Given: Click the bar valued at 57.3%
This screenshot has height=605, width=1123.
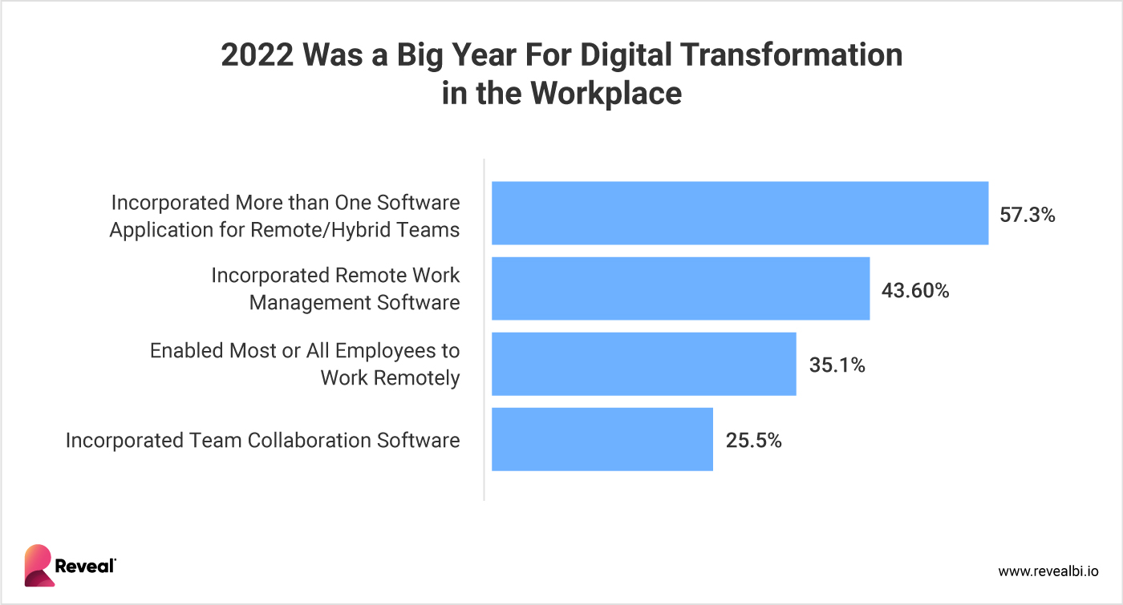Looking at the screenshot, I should [740, 213].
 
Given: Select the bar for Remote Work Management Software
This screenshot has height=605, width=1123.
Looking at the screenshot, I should [680, 288].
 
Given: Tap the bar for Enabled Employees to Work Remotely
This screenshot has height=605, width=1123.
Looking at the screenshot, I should [643, 364].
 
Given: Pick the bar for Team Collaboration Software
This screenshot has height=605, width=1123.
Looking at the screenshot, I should [602, 439].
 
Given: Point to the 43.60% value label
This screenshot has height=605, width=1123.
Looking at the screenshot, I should [915, 290].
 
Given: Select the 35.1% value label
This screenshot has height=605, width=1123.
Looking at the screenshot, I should [837, 365].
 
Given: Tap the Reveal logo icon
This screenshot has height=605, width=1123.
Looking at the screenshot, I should [38, 566].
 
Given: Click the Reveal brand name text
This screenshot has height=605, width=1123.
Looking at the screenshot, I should [85, 567].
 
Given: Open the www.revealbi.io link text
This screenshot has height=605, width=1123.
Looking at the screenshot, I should [1048, 571].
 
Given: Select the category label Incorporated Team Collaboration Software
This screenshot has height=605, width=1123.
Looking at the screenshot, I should [262, 440].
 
